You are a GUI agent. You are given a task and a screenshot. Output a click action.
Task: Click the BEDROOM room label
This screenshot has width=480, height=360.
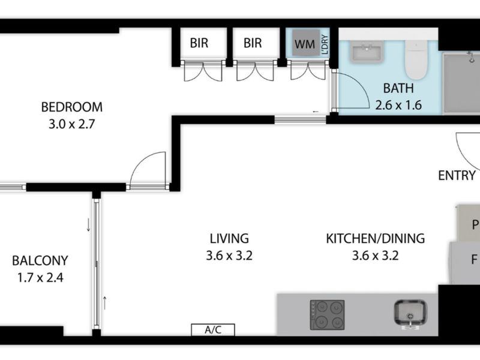(x=71, y=107)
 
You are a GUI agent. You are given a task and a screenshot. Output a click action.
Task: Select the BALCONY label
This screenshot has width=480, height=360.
(x=40, y=261)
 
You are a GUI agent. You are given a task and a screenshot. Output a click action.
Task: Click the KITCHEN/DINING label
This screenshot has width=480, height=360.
(x=375, y=238)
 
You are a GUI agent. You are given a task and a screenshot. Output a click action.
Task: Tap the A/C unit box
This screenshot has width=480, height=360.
(x=212, y=329)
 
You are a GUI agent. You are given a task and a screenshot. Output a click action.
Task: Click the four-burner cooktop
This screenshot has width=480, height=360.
(x=327, y=314)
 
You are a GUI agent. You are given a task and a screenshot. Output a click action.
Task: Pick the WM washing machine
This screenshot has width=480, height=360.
(x=304, y=44)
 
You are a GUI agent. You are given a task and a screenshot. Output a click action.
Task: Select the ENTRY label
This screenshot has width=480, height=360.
(x=457, y=175)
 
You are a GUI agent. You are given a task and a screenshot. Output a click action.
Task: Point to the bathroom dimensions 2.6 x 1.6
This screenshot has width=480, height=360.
(x=398, y=105)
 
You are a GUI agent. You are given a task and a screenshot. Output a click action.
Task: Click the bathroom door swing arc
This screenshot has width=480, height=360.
(x=351, y=90)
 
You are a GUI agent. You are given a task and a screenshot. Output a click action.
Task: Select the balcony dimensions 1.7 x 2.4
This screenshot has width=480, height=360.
(x=40, y=278)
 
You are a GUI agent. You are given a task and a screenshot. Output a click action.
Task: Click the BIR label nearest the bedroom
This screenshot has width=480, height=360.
(x=199, y=43)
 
